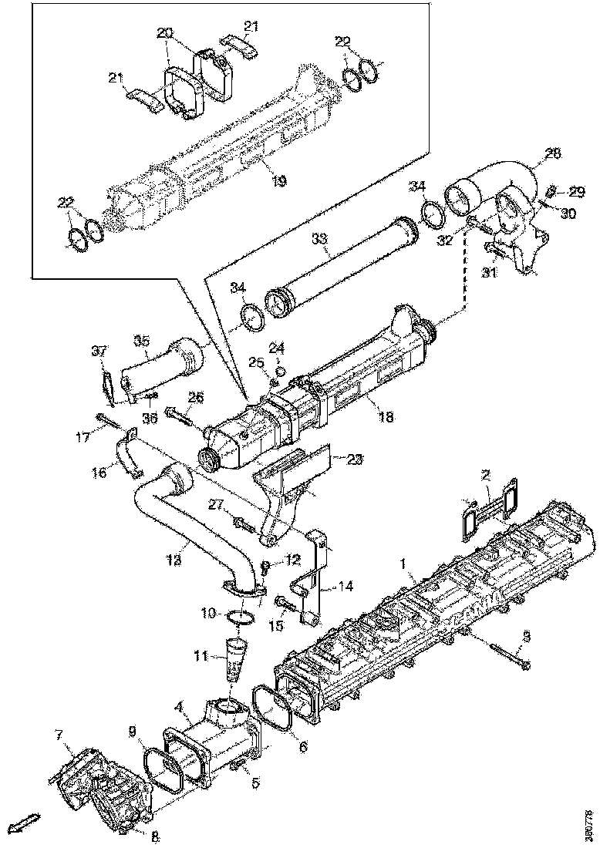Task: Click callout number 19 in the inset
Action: coord(279,181)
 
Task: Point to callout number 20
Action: coord(164,33)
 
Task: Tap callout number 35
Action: coord(140,341)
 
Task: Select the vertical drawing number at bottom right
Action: coord(590,823)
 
